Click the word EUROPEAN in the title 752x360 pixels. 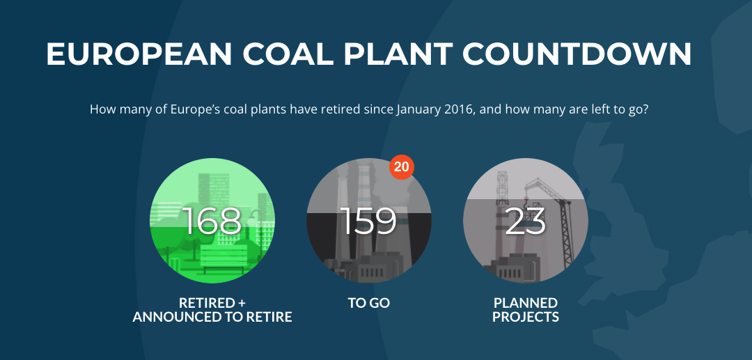coord(139,54)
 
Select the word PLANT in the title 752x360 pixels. coord(398,54)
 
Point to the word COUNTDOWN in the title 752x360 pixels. coord(577,54)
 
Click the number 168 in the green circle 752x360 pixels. coord(212,221)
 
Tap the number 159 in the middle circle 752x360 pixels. coord(369,221)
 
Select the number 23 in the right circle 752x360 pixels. coord(525,221)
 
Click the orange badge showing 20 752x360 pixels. coord(402,167)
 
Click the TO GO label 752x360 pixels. coord(369,303)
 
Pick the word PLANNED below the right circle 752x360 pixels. coord(526,303)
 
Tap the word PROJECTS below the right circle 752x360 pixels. coord(526,317)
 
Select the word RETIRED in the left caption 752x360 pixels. coord(203,303)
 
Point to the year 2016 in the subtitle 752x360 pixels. coord(460,109)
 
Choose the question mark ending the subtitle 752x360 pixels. coord(645,109)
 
